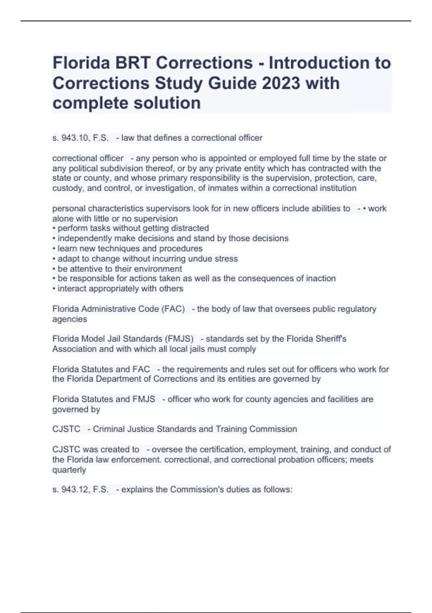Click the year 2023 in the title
[x=281, y=83]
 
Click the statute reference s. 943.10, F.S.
[x=80, y=138]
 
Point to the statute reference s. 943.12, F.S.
[x=80, y=490]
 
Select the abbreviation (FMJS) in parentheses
[x=179, y=339]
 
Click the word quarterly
[x=69, y=470]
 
